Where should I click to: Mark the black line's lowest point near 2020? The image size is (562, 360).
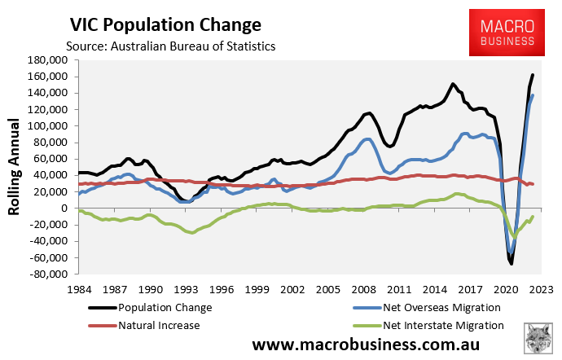pyautogui.click(x=511, y=263)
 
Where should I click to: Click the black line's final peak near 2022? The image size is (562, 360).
pyautogui.click(x=533, y=75)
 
